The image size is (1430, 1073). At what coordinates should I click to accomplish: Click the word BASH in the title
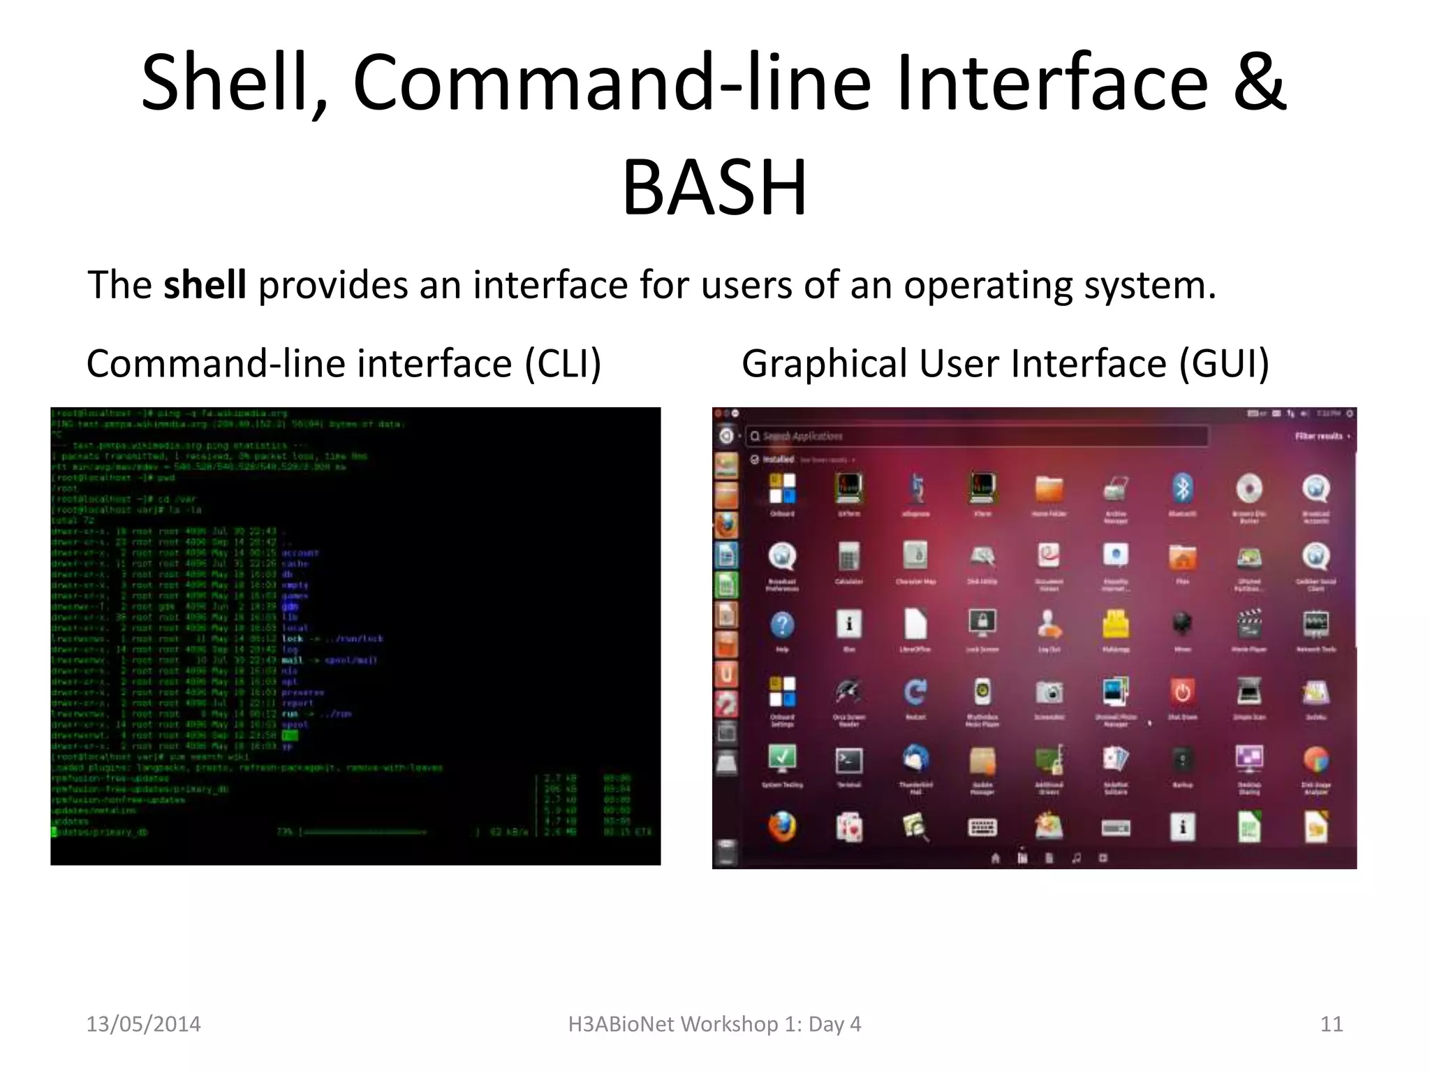(714, 187)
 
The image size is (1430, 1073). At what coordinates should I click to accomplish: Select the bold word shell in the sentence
(205, 285)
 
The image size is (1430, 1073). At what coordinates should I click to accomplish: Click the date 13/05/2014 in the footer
(143, 1024)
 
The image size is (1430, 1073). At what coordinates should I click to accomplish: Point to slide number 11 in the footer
(1332, 1024)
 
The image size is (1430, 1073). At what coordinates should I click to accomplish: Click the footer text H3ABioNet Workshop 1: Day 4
(714, 1024)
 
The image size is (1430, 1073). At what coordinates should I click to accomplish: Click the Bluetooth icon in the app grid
(1182, 488)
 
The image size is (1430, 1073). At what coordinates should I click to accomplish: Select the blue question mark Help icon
(782, 624)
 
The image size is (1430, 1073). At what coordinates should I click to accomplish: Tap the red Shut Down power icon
(1182, 692)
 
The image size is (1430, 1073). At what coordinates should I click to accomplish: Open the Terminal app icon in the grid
(849, 760)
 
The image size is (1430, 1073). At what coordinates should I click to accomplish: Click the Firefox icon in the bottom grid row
(782, 827)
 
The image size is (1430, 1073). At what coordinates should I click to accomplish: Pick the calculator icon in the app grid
(849, 557)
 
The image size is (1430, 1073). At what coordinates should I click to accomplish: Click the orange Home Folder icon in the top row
(1049, 488)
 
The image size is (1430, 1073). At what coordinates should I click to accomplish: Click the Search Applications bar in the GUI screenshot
(978, 437)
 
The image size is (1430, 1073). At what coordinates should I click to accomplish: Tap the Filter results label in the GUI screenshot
(1320, 437)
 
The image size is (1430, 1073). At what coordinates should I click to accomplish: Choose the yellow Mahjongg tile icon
(1116, 624)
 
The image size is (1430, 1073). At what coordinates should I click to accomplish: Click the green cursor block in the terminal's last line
(54, 832)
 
